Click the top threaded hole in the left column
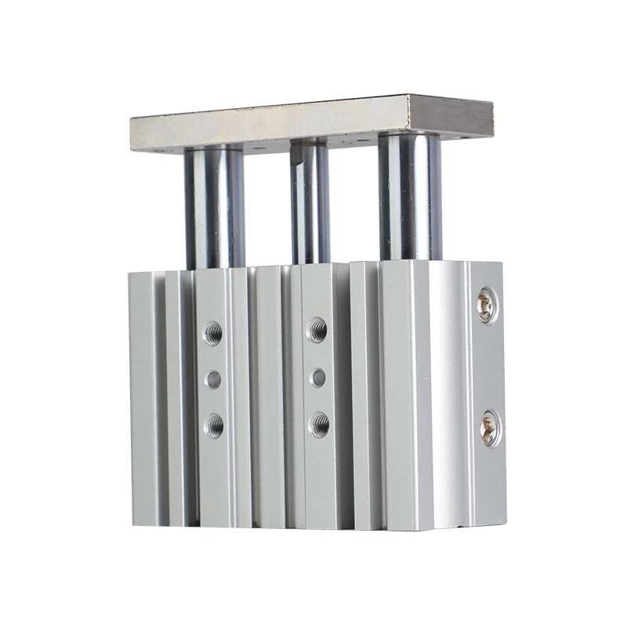(212, 333)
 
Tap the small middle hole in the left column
(213, 380)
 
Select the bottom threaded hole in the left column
(213, 426)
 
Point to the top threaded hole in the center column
(317, 329)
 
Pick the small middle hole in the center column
(318, 378)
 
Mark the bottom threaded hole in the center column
(319, 425)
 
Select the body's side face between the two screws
(487, 364)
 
